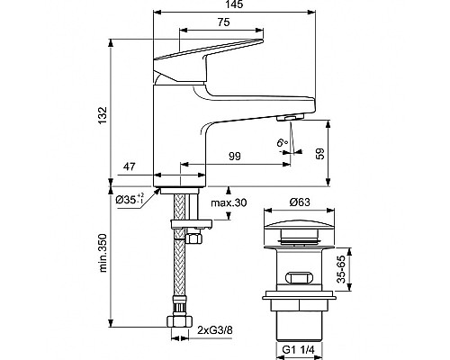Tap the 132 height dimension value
pos(103,114)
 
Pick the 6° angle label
pos(283,142)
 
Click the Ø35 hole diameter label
pos(130,198)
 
